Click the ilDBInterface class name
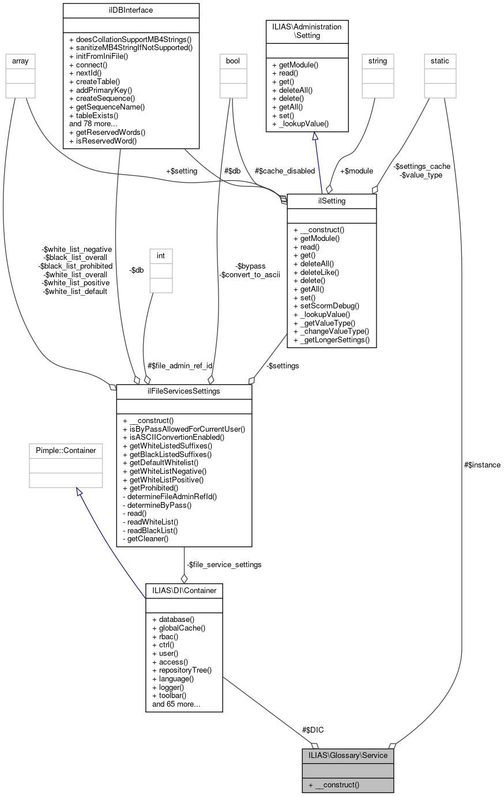point(130,10)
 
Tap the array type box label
point(20,61)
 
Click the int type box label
point(161,255)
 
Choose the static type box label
point(440,61)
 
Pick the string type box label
point(378,61)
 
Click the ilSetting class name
point(332,201)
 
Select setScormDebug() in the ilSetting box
point(326,306)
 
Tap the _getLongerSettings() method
point(332,340)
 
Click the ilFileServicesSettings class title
point(184,391)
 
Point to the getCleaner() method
point(145,539)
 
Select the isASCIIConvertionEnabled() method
point(174,437)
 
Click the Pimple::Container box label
point(66,450)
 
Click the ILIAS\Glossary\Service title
point(348,755)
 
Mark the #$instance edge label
point(482,465)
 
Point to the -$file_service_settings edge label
point(224,564)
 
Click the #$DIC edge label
point(313,730)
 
